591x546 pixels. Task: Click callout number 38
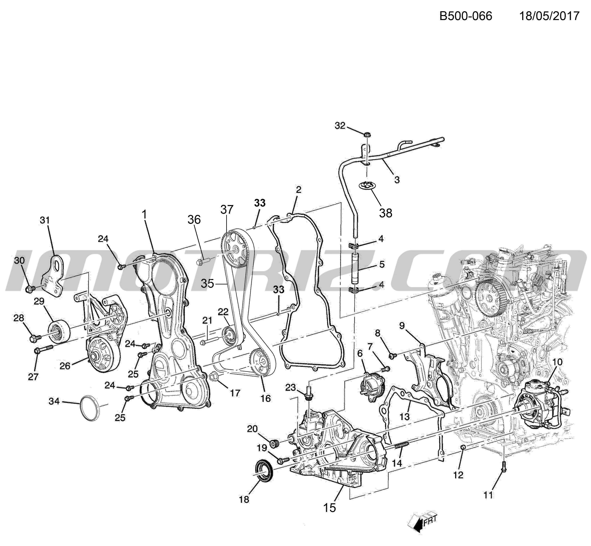coord(386,213)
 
